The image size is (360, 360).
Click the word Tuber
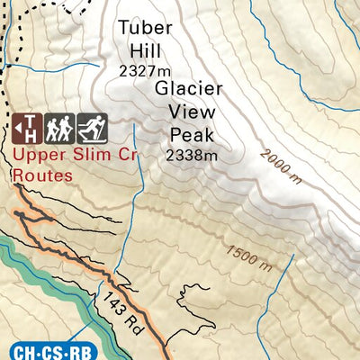144,29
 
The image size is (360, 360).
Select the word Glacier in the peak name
188,90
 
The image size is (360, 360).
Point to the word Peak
191,134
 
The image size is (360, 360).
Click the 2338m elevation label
192,155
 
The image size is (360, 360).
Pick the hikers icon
59,129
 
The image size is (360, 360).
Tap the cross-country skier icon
92,129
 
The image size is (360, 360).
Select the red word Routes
43,175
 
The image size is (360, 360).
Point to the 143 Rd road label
120,309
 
